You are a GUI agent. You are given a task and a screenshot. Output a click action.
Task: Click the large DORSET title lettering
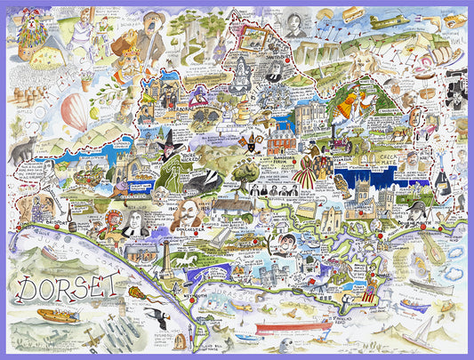coord(66,287)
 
